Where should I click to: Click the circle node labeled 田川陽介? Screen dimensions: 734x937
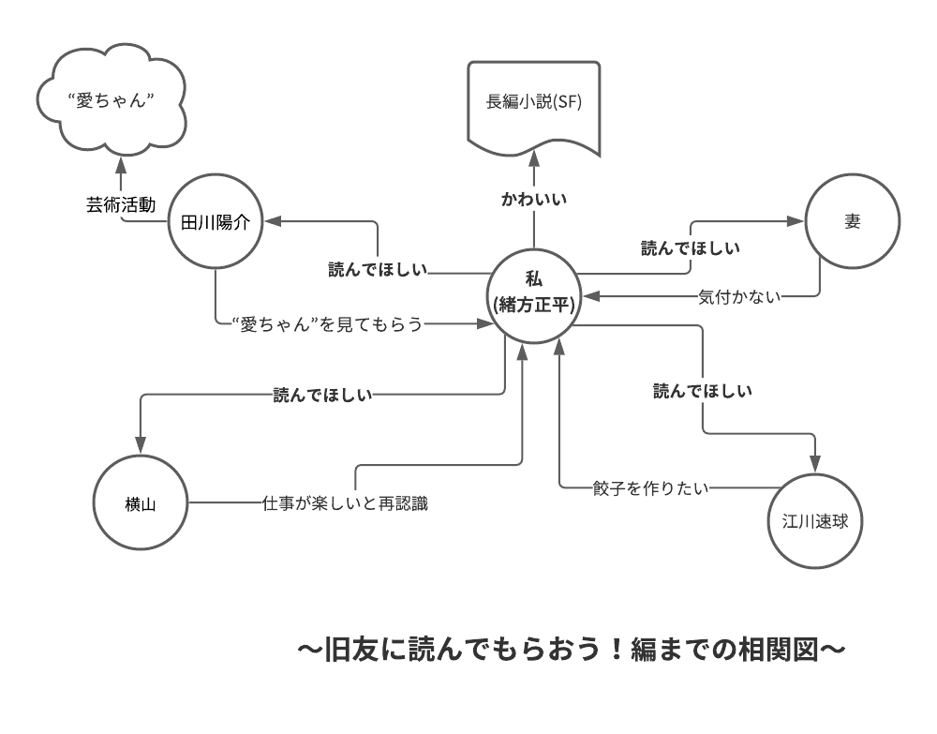click(216, 222)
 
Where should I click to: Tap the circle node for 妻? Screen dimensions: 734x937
click(852, 222)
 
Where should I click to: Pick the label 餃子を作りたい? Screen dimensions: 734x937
click(650, 487)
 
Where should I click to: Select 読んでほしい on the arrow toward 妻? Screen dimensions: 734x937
click(691, 248)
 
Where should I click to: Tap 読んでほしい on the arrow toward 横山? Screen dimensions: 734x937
click(322, 395)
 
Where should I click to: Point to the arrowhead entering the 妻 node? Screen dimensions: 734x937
click(796, 222)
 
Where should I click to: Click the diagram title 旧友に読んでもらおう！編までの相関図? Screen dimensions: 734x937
click(572, 649)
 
